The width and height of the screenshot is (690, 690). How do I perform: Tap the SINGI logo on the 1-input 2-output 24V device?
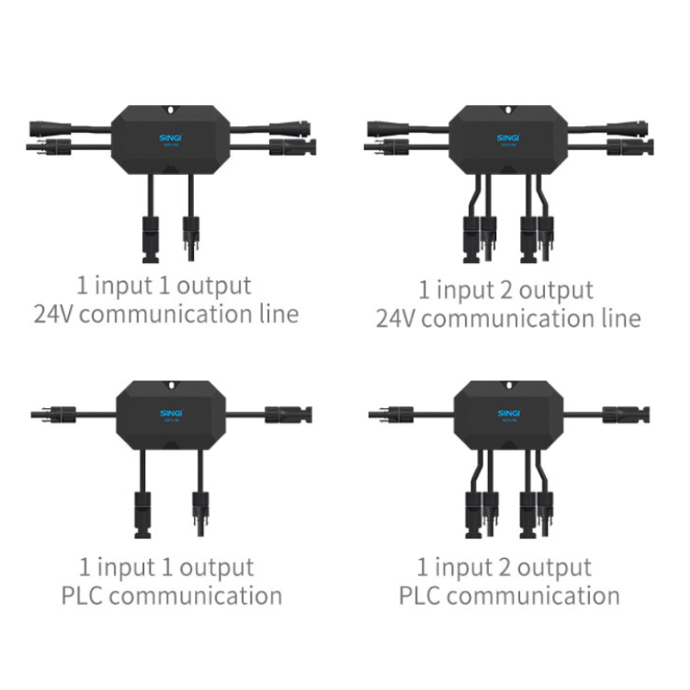(x=508, y=136)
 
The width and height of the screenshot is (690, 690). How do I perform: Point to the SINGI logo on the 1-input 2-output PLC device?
(x=508, y=413)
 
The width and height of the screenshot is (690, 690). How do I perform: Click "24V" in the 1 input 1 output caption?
(x=53, y=312)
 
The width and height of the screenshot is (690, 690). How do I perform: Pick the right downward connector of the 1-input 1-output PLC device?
(x=199, y=511)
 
